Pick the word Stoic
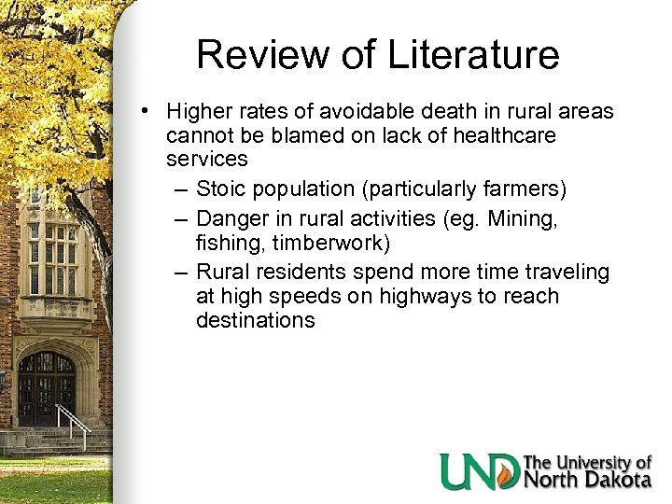coord(220,189)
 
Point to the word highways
coord(414,297)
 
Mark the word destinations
coord(255,320)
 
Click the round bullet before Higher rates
coord(147,112)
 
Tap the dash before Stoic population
coord(181,189)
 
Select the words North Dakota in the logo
coord(588,480)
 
